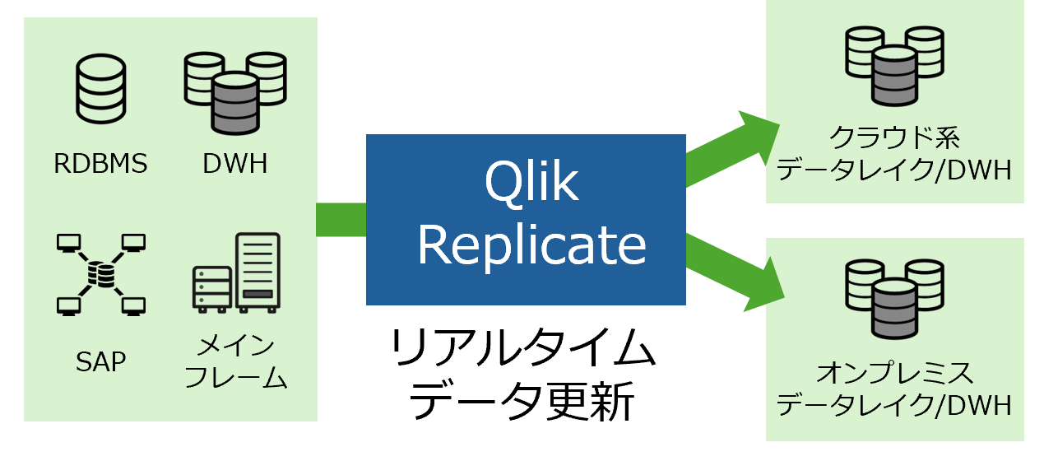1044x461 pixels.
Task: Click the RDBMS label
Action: pyautogui.click(x=100, y=164)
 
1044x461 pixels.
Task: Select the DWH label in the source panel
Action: pyautogui.click(x=234, y=164)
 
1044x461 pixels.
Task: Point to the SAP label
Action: pyautogui.click(x=100, y=361)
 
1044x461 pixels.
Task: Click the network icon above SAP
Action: pyautogui.click(x=101, y=274)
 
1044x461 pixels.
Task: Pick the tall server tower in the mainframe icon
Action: pyautogui.click(x=258, y=272)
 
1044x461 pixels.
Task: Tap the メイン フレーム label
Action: pyautogui.click(x=235, y=361)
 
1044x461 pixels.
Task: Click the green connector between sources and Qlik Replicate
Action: pyautogui.click(x=341, y=220)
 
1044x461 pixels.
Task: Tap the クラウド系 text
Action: pyautogui.click(x=894, y=136)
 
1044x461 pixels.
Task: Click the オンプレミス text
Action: pyautogui.click(x=894, y=372)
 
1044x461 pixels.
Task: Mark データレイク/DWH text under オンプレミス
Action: pyautogui.click(x=894, y=406)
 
